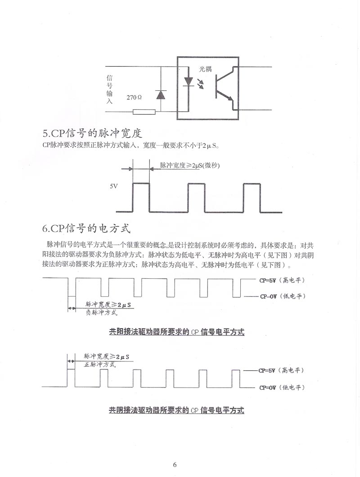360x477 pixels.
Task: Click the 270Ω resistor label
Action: [x=135, y=97]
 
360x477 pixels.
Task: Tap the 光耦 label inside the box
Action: [x=205, y=69]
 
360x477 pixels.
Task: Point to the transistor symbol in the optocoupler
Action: [x=224, y=88]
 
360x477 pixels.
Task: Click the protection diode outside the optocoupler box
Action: [x=161, y=95]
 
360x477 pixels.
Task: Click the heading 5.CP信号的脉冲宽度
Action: [x=92, y=133]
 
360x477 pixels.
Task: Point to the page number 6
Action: [x=175, y=464]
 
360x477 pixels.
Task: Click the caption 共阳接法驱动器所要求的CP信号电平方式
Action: [x=176, y=332]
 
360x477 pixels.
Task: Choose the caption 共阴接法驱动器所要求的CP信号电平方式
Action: [x=176, y=410]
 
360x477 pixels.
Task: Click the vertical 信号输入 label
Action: [x=109, y=90]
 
